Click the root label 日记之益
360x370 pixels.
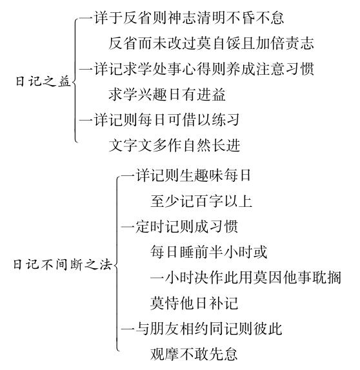point(43,82)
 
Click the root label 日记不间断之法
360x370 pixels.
point(63,264)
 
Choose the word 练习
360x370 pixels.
point(226,120)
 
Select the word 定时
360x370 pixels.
point(150,226)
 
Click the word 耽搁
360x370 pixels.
point(326,277)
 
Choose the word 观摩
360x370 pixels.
point(165,354)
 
